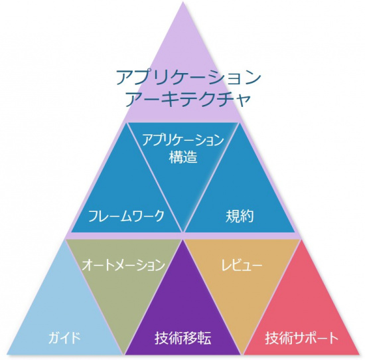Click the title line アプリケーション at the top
[188, 77]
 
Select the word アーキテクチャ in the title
[188, 100]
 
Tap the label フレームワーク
[126, 216]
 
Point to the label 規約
[240, 217]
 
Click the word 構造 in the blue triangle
[183, 157]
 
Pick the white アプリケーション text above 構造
[183, 139]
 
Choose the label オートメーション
[123, 265]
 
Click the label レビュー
[242, 265]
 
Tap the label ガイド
[64, 337]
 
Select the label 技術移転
[183, 338]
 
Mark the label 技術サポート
[302, 338]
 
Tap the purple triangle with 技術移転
[183, 317]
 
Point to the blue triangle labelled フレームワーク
[126, 196]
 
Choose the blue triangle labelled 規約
[240, 196]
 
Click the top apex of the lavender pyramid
[183, 2]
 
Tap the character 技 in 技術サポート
[272, 338]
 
